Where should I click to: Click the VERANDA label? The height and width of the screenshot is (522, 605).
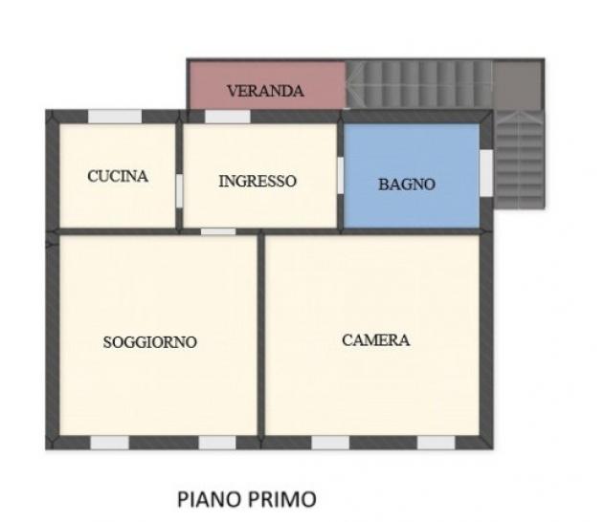[x=265, y=92]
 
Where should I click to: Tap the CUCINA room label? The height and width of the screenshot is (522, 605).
[x=118, y=176]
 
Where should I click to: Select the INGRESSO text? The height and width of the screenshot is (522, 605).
[x=258, y=181]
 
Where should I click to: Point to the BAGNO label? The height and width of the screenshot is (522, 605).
[x=406, y=184]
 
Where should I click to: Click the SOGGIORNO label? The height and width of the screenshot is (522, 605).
[x=150, y=341]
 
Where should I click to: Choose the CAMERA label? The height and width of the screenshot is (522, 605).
[x=376, y=339]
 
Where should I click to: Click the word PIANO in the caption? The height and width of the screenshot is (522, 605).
[x=209, y=498]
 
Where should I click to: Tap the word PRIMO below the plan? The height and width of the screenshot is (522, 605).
[x=281, y=498]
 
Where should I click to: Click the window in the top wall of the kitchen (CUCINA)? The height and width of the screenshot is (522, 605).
[x=115, y=117]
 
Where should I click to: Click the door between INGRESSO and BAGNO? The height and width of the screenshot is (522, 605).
[x=341, y=176]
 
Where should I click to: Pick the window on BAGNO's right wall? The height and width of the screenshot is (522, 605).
[x=486, y=172]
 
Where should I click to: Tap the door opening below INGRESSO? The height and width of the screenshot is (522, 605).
[x=218, y=230]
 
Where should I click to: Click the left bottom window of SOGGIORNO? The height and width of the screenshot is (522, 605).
[x=110, y=443]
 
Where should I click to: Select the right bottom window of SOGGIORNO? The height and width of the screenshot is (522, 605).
[x=217, y=443]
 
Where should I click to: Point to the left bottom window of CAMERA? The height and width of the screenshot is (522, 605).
[x=330, y=443]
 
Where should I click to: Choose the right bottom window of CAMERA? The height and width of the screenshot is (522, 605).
[x=436, y=443]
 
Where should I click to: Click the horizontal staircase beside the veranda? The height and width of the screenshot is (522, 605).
[x=418, y=84]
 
